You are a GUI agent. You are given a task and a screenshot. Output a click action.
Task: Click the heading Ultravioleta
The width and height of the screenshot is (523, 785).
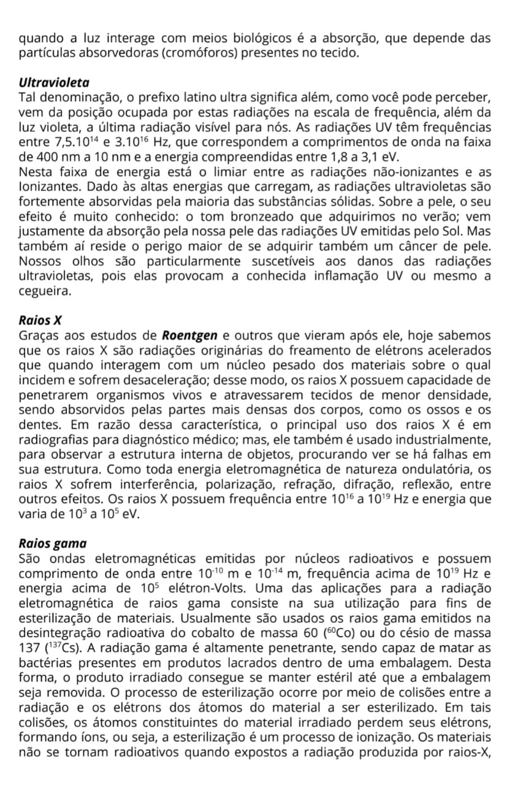(x=54, y=82)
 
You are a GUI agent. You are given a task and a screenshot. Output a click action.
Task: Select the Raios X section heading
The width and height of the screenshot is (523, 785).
(x=40, y=320)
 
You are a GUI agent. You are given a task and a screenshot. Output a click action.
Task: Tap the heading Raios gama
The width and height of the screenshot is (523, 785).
(x=53, y=543)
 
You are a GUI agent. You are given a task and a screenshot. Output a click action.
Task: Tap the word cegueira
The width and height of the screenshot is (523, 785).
(x=45, y=291)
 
